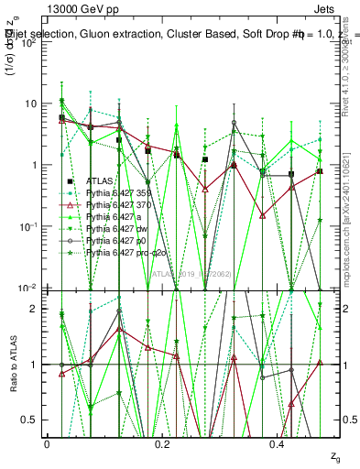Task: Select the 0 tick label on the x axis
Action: pyautogui.click(x=47, y=443)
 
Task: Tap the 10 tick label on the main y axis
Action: pyautogui.click(x=34, y=104)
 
